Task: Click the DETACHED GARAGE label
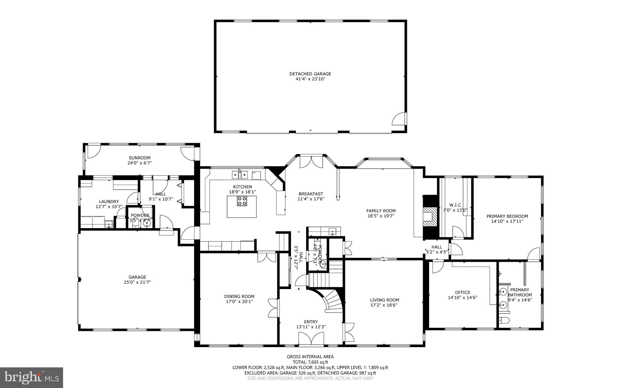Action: (310, 74)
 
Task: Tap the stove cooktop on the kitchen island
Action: (242, 201)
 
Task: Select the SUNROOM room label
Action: (139, 158)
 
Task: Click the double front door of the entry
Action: (311, 338)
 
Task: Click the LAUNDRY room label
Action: (109, 201)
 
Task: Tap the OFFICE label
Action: (462, 292)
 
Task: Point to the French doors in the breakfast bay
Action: (311, 161)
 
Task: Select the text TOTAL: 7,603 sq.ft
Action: (310, 362)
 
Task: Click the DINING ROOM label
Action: (239, 296)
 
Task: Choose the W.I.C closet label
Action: (455, 205)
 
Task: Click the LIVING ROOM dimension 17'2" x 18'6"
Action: (384, 305)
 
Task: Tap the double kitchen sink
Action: (240, 175)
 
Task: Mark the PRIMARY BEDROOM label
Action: (507, 216)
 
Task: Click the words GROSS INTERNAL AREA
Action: (310, 357)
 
